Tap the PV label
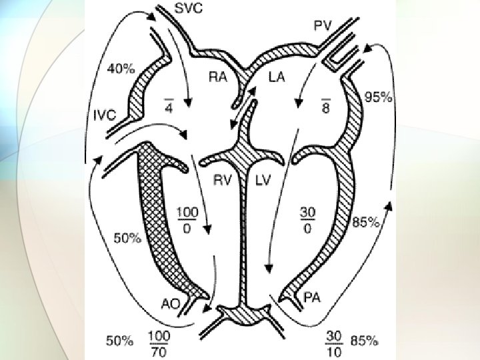pos(323,25)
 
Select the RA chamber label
pos(218,77)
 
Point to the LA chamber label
pos(276,77)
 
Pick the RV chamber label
pos(222,180)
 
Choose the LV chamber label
pos(262,180)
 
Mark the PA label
pos(313,297)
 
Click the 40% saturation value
pos(121,69)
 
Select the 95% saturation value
pos(378,98)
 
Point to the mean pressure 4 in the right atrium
pos(169,107)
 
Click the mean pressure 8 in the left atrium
pos(325,107)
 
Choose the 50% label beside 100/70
pos(121,341)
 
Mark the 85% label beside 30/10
pos(365,341)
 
